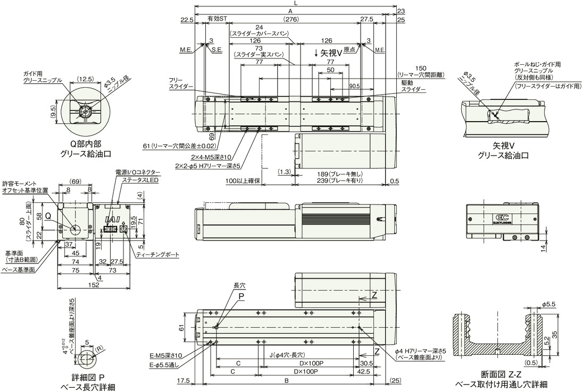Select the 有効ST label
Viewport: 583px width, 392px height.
[x=217, y=19]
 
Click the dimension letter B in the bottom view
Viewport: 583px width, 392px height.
[x=287, y=380]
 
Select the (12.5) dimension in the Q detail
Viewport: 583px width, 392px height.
[x=86, y=79]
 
